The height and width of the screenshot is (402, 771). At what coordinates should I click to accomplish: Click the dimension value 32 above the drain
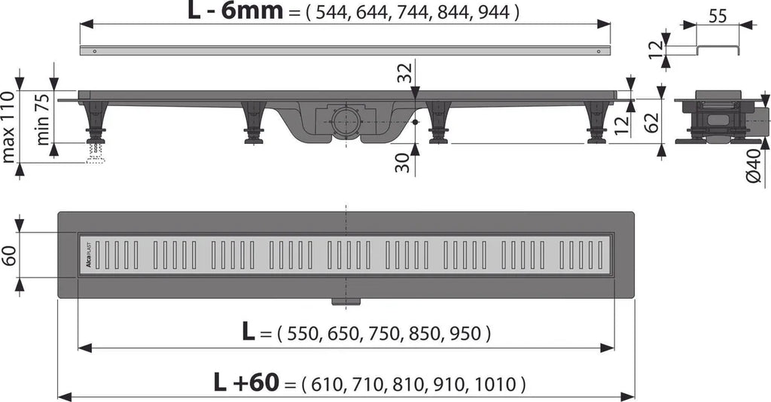404,75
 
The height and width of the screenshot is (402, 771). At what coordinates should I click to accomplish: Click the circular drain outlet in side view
346,120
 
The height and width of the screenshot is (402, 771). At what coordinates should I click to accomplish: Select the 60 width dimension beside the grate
9,257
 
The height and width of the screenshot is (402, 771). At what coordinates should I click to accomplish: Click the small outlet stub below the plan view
346,302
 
